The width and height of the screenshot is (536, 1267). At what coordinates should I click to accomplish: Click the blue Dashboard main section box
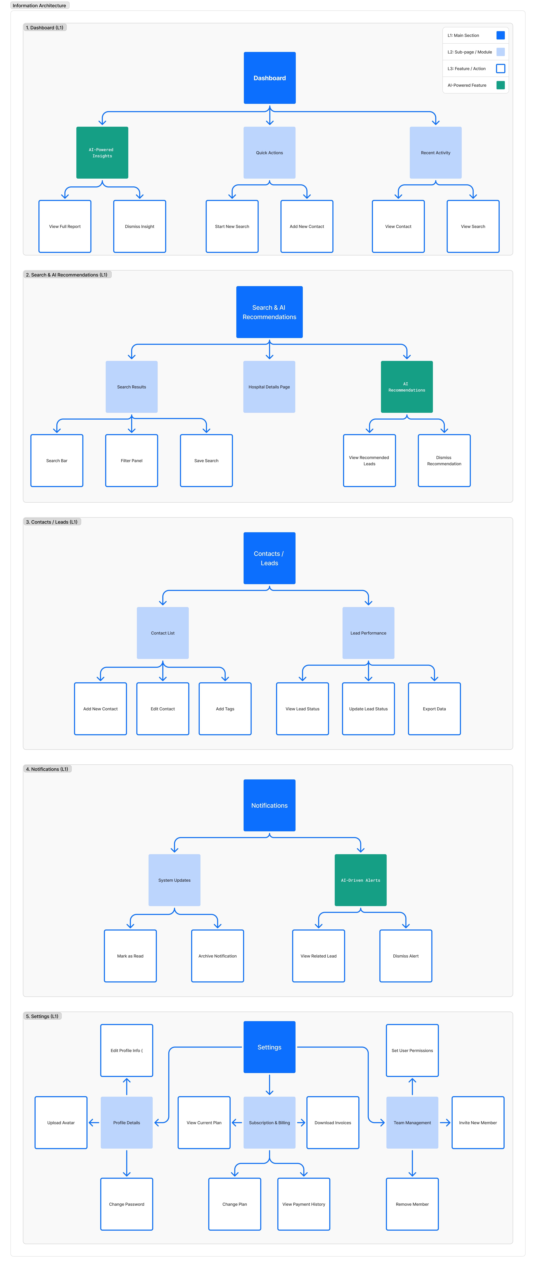[269, 78]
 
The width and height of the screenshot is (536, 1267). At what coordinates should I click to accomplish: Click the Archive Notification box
[217, 956]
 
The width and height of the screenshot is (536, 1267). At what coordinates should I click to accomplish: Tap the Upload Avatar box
[61, 1122]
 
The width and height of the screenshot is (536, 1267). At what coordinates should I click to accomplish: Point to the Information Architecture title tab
[39, 5]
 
